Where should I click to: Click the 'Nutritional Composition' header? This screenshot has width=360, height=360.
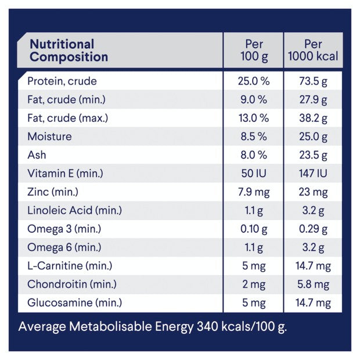[69, 51]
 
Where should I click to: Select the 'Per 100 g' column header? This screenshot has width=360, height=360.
[254, 51]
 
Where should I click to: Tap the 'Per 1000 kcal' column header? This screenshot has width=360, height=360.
[313, 51]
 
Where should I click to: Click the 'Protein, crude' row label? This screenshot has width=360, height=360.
[62, 81]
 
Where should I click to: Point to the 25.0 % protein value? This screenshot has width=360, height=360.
[254, 81]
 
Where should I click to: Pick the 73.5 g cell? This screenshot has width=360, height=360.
[313, 81]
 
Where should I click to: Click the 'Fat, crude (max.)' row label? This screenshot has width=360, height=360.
[68, 118]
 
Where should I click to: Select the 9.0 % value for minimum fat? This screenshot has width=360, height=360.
[254, 99]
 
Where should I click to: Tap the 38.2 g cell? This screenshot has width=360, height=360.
[313, 118]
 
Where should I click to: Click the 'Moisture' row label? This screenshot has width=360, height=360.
[49, 136]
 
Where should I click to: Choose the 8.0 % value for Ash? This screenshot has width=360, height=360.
[254, 155]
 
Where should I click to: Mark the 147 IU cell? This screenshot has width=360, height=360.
[313, 174]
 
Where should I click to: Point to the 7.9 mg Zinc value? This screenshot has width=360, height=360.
[254, 192]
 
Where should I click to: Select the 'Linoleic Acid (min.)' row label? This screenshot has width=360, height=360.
[75, 210]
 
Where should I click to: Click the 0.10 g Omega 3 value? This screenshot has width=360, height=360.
[254, 229]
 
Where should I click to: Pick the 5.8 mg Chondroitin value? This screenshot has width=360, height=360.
[313, 285]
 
